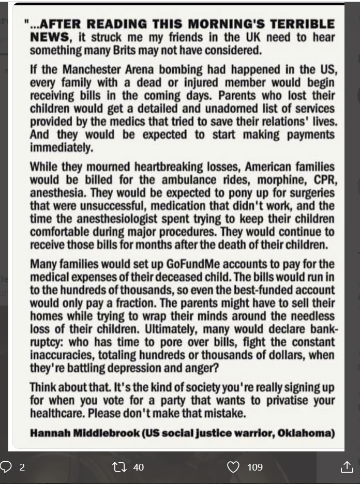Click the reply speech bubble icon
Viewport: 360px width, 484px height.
coord(6,467)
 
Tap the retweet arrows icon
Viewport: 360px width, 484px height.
coord(119,467)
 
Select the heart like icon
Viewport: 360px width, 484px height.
coord(234,467)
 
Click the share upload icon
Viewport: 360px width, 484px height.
coord(347,467)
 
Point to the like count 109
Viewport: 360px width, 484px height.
coord(254,467)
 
